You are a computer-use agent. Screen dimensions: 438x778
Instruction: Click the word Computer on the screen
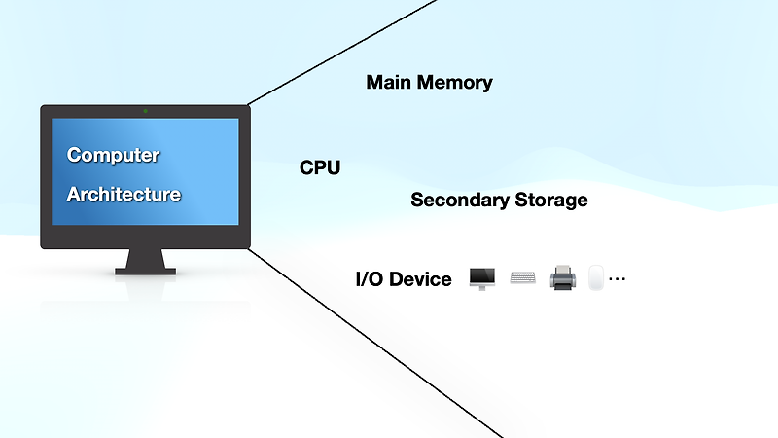[113, 155]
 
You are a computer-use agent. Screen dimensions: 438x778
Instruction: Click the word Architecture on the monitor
[124, 195]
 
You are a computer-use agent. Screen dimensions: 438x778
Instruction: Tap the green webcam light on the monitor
[145, 111]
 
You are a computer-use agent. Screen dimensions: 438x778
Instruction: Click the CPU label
[320, 168]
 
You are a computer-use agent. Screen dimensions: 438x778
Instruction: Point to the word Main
[390, 83]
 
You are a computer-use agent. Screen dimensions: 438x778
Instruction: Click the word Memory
[455, 83]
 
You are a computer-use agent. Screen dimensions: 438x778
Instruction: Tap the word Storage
[551, 201]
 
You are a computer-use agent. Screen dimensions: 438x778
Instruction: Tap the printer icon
[563, 278]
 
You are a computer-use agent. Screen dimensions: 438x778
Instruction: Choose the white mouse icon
[595, 278]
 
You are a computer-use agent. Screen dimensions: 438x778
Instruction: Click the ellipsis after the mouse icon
[617, 279]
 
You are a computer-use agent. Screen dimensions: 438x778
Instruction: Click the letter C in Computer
[74, 155]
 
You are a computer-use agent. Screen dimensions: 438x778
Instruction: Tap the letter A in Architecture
[73, 195]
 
